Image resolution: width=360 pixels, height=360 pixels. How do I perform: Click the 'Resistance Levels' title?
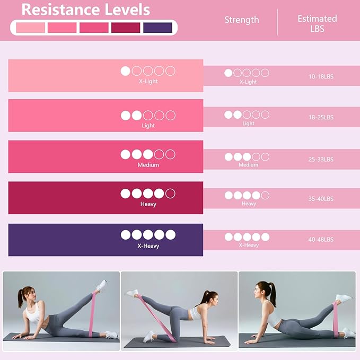tap(85, 10)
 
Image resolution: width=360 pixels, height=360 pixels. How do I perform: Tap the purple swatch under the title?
tap(157, 28)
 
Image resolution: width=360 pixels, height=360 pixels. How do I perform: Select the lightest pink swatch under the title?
tap(31, 28)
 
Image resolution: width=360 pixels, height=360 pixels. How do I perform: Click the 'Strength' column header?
tap(241, 20)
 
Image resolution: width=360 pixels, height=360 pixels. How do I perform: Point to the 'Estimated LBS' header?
tap(317, 23)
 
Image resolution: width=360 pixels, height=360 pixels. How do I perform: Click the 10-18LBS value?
tap(321, 77)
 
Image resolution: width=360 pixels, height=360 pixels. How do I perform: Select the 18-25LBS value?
tap(321, 117)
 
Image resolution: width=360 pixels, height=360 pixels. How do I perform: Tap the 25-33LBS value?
tap(321, 159)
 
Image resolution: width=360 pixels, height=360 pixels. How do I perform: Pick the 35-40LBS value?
tap(321, 199)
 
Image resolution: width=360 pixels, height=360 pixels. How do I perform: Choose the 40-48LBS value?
tap(321, 240)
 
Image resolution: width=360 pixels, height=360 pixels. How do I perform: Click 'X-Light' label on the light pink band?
tap(148, 82)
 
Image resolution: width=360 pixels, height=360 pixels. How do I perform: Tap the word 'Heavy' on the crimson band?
tap(148, 204)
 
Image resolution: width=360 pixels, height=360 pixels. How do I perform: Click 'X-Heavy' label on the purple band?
tap(148, 246)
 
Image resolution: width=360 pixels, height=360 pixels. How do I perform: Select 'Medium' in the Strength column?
tap(248, 165)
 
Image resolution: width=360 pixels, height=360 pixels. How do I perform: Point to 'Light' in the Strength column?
tap(248, 124)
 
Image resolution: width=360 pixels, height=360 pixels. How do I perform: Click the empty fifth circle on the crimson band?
tap(170, 194)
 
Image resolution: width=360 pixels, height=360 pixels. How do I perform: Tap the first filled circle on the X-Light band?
tap(126, 71)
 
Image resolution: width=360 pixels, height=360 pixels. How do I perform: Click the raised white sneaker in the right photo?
tap(345, 297)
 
